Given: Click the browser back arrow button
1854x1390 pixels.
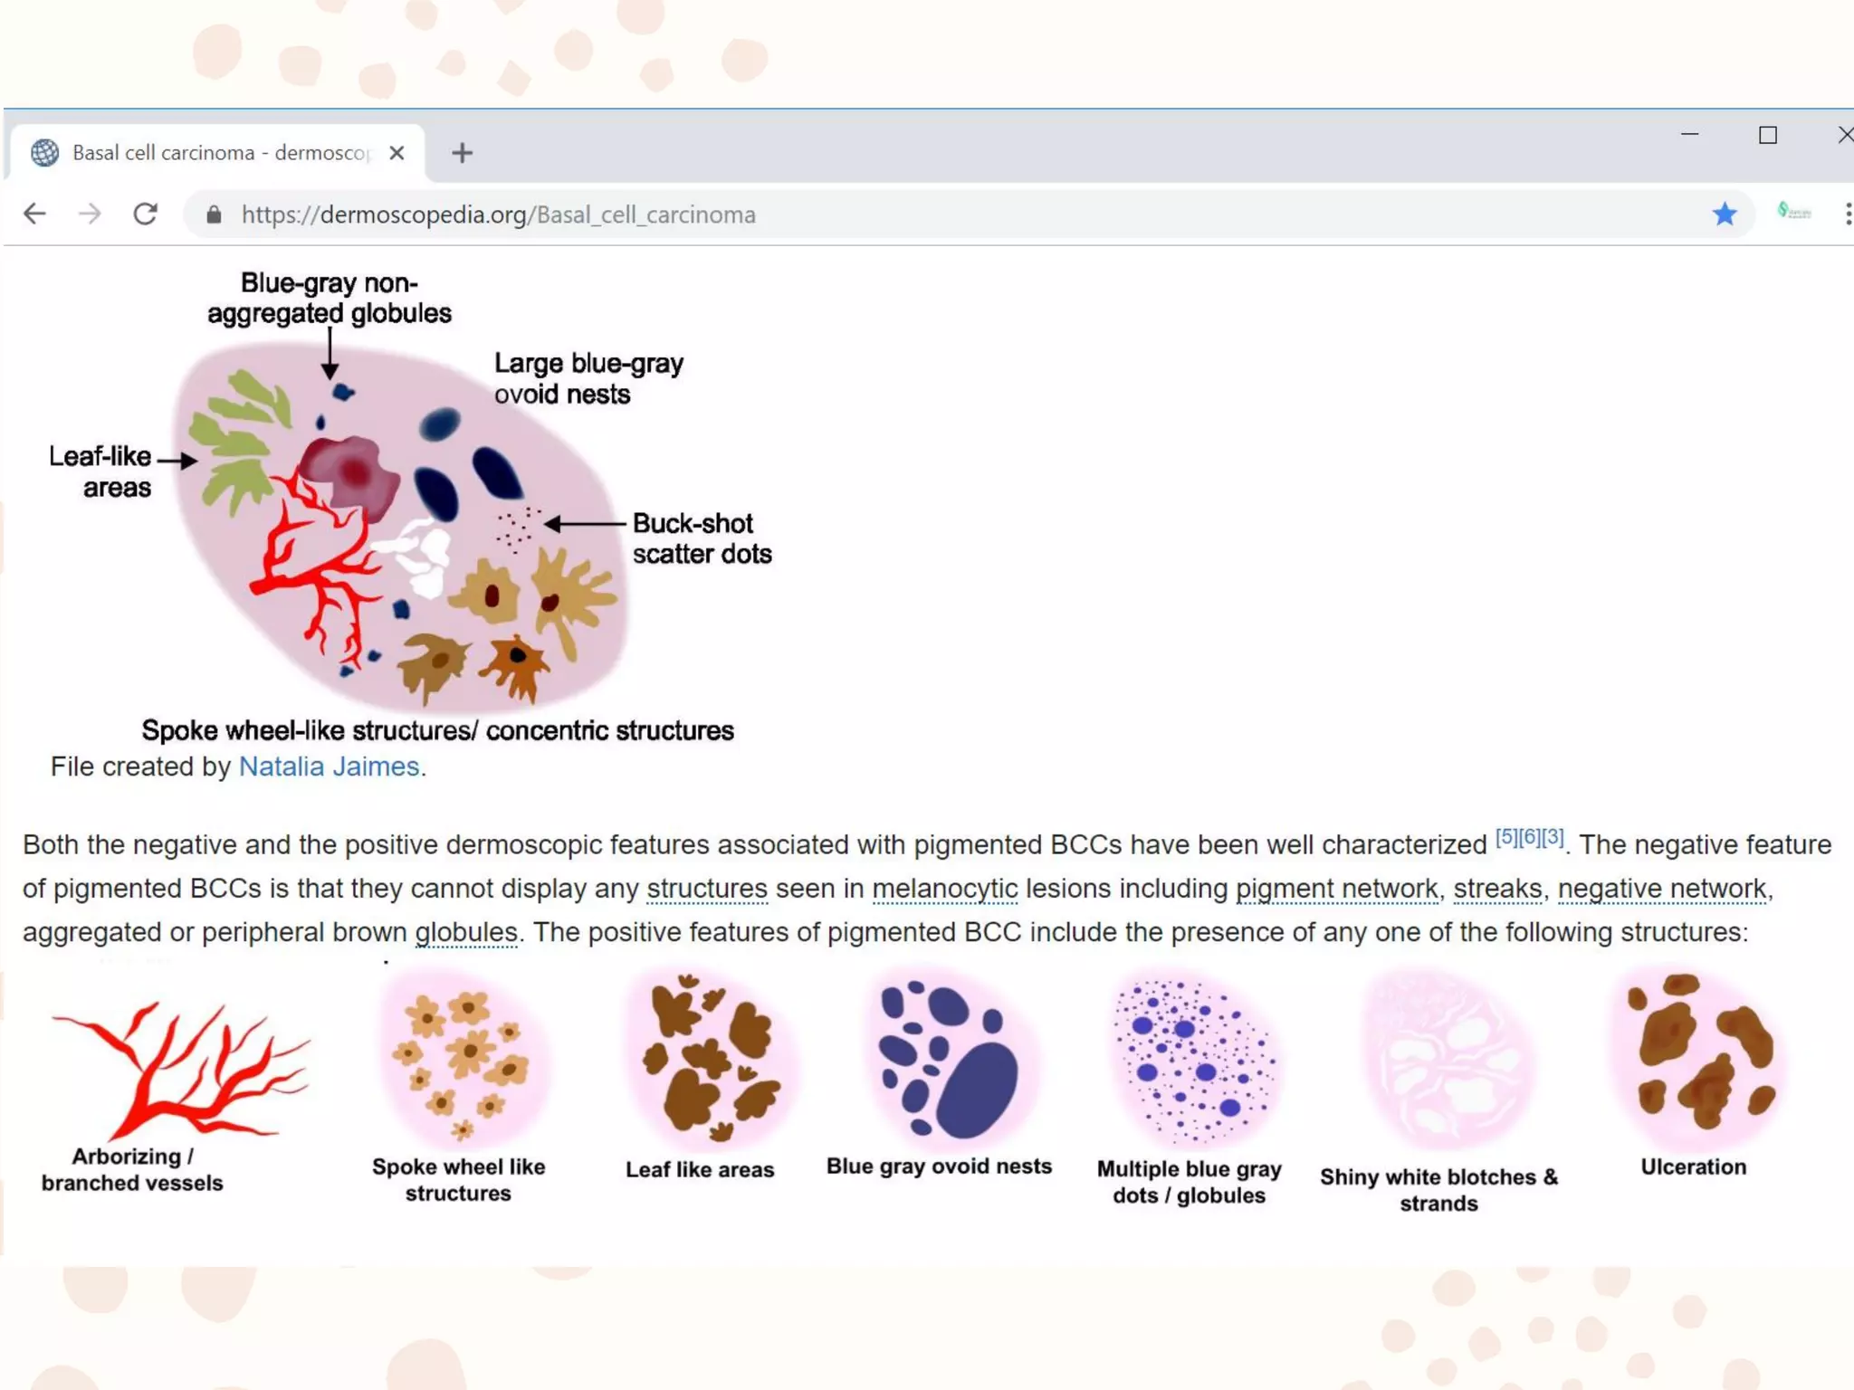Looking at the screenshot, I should [x=34, y=214].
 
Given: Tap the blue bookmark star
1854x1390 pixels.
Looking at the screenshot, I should [x=1725, y=214].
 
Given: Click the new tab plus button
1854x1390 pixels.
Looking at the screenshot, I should [x=462, y=153].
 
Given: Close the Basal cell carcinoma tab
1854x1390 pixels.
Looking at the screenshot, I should [x=397, y=153].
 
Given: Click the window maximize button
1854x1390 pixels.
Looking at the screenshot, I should [x=1767, y=136].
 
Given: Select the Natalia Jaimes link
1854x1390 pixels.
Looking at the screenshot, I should [x=329, y=766].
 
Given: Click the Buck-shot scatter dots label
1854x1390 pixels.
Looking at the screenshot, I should [x=702, y=538].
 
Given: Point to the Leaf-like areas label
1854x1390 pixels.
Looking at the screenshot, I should [x=100, y=471].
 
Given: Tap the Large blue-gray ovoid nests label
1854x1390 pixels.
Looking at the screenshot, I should [x=588, y=378].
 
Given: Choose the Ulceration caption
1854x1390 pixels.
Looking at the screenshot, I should [x=1693, y=1166].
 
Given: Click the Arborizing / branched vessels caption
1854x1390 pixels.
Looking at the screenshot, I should [x=132, y=1169].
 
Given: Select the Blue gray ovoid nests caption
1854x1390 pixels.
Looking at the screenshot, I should [x=939, y=1166].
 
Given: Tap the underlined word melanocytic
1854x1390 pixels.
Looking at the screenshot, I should [x=944, y=889].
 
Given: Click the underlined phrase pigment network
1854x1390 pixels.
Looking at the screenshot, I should [x=1336, y=889].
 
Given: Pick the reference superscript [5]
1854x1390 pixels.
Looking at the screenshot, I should [x=1506, y=837].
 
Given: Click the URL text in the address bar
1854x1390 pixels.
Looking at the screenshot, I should [x=498, y=214].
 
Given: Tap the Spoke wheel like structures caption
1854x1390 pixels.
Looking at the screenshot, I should [x=458, y=1180].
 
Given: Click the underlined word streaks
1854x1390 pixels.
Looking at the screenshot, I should [x=1497, y=889].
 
